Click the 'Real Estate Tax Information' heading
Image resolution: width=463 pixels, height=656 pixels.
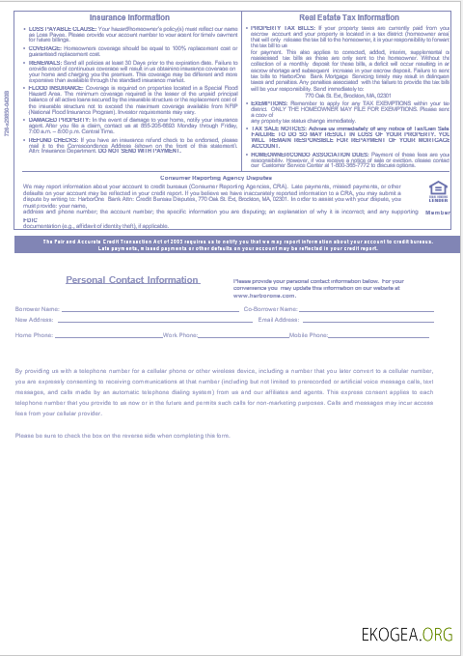coord(349,17)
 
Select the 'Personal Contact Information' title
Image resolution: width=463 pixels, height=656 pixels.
coord(132,280)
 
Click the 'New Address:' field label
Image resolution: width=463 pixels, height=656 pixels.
coord(35,319)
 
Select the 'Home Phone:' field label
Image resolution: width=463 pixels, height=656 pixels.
coord(35,334)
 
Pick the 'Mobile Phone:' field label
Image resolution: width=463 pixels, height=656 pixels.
coord(309,334)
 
